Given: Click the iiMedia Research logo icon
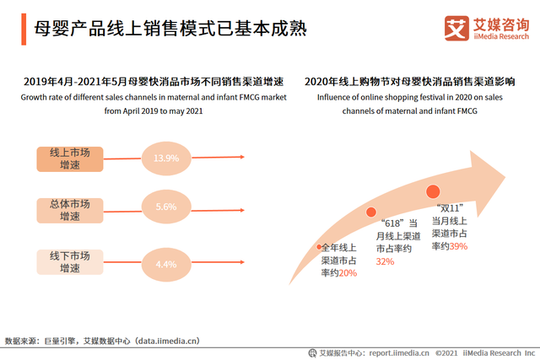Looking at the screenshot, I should pos(456,28).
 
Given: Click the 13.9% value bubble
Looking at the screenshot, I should pos(166,158).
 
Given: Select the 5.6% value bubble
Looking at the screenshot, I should pos(166,207).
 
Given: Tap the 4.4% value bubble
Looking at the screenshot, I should pos(166,264).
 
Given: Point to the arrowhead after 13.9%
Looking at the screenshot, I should pos(242,157).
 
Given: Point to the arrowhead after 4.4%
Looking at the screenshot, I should pos(242,263).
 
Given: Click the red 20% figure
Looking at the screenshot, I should pos(346,272).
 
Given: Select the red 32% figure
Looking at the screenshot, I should pos(385,261).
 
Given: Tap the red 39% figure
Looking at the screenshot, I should pos(458,246).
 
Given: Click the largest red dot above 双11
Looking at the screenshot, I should pos(434,192).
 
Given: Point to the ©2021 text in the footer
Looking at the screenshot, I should pos(448,352).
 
